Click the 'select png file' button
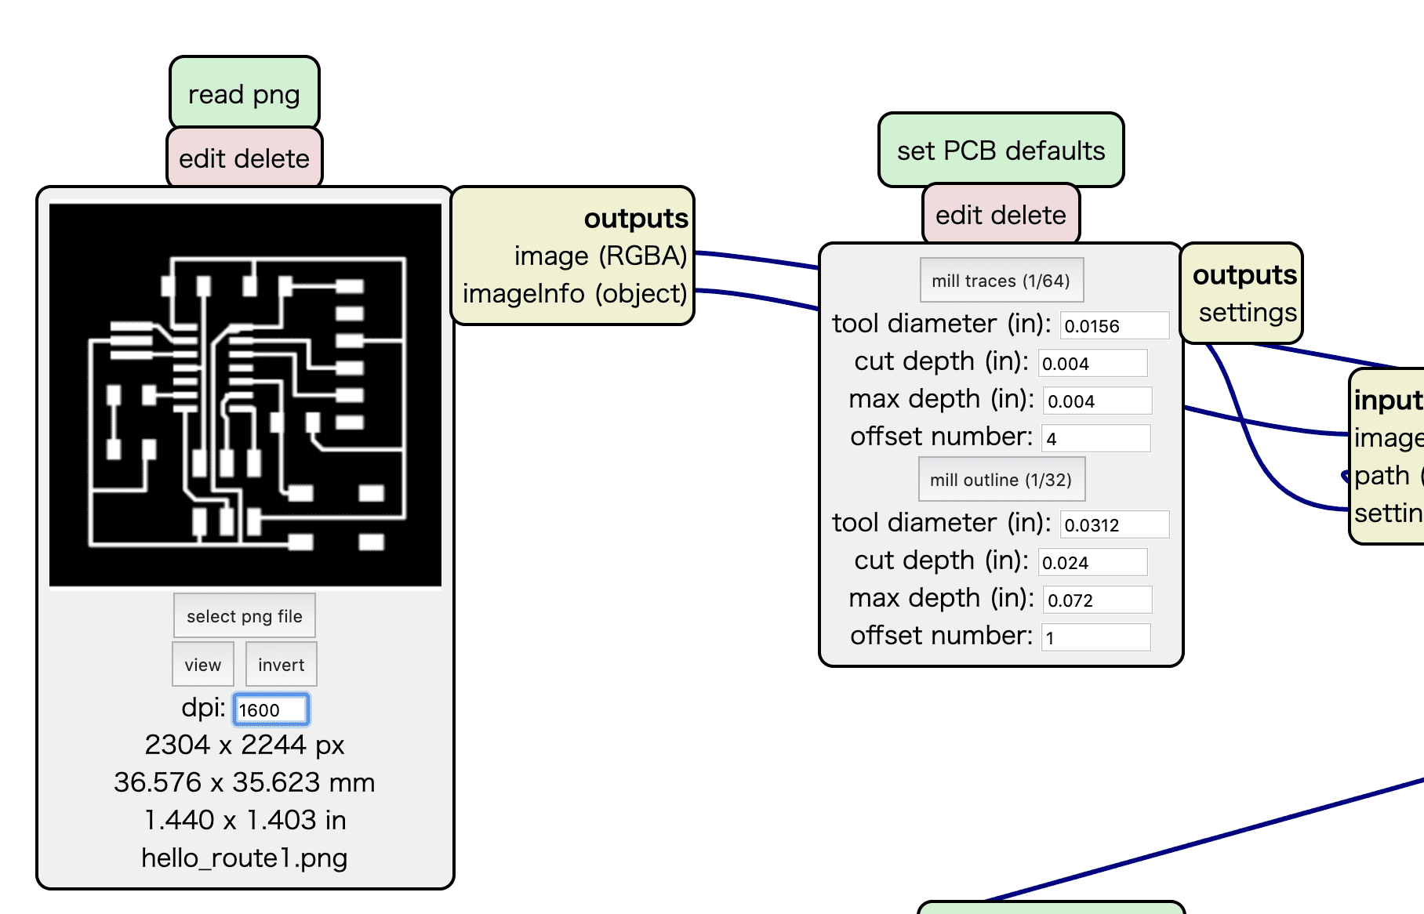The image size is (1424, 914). click(245, 616)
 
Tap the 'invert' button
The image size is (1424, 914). click(281, 665)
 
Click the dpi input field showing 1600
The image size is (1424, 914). click(271, 709)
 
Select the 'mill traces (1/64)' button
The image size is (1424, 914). click(1001, 281)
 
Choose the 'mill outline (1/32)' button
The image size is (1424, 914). click(1001, 480)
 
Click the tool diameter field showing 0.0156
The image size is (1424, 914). click(1113, 326)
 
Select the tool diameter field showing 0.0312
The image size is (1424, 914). click(1113, 525)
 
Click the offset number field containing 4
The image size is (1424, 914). click(1095, 439)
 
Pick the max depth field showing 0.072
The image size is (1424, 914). click(1097, 600)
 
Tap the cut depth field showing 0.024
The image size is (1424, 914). click(1092, 563)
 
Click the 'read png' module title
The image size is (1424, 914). click(244, 94)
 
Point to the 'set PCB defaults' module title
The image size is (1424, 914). click(1001, 151)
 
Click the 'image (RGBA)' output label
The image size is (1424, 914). click(601, 256)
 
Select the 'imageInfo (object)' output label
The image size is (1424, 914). click(575, 293)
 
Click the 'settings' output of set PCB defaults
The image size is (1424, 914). click(1248, 312)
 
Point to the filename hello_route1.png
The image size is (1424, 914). click(245, 858)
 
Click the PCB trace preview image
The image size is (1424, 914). click(245, 395)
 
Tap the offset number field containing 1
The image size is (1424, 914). click(1095, 638)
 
